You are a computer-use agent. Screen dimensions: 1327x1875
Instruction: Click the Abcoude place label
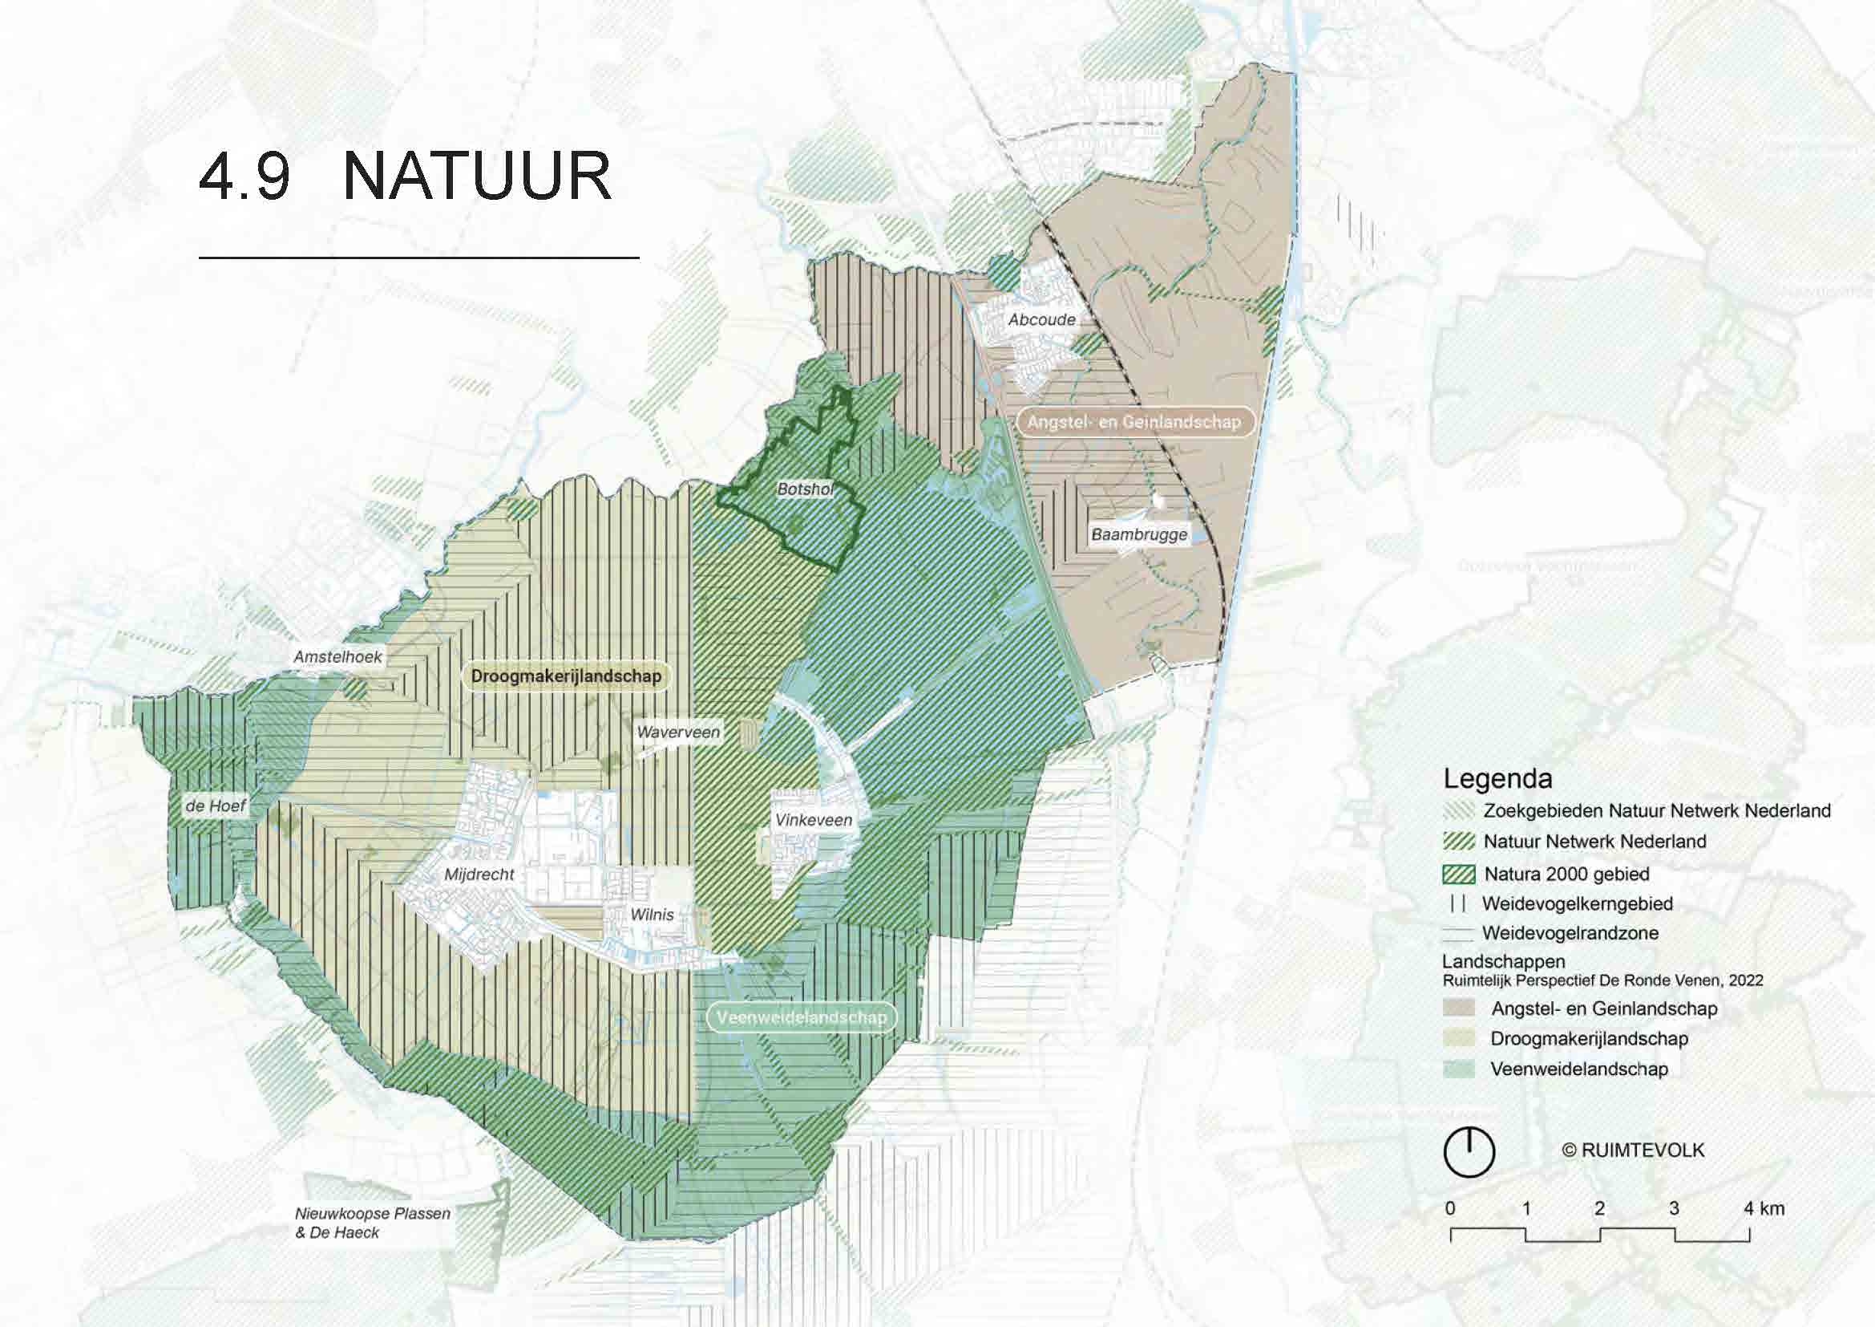pos(1041,319)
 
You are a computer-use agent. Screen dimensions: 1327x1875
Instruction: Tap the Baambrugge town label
pos(1139,535)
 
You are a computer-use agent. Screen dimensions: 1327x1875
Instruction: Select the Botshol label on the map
pos(805,489)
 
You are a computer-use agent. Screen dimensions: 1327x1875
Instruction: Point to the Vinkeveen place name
pos(814,820)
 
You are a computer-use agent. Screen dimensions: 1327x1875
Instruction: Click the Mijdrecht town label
pos(479,875)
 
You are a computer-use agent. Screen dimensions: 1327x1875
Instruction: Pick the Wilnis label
pos(652,915)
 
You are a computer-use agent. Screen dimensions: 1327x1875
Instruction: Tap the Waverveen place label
pos(678,732)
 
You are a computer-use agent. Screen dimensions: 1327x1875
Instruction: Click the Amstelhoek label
pos(338,657)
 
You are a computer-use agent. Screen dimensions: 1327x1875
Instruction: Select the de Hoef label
pos(215,806)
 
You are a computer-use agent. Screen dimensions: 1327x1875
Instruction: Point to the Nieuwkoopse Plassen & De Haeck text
pos(373,1224)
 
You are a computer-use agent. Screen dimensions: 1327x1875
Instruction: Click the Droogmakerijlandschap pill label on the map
pos(566,676)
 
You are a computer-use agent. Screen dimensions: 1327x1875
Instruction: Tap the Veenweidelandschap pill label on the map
pos(801,1017)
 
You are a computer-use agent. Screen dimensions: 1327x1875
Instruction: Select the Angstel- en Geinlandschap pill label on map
pos(1133,422)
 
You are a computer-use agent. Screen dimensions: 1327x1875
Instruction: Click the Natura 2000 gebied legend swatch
pos(1458,875)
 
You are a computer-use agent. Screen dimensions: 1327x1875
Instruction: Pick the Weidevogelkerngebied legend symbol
pos(1458,903)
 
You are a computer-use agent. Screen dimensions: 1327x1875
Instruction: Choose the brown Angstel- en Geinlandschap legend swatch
pos(1458,1008)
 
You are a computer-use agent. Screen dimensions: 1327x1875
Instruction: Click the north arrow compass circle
pos(1469,1151)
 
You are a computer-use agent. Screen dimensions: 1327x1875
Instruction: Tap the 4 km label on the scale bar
pos(1764,1208)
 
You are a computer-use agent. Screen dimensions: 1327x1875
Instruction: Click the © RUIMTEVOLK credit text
pos(1633,1150)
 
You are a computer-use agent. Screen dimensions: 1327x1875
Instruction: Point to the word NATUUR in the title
pos(477,177)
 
